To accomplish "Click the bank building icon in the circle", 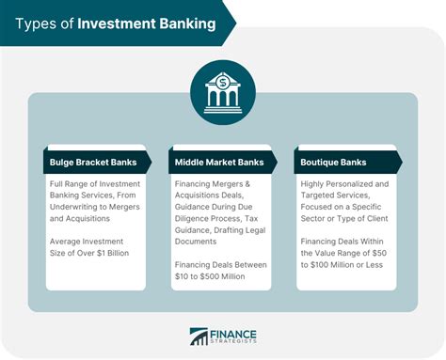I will pos(223,92).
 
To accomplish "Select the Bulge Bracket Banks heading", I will pos(92,162).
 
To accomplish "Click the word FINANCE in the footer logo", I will pos(234,334).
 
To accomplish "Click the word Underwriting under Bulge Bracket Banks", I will pos(74,204).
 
